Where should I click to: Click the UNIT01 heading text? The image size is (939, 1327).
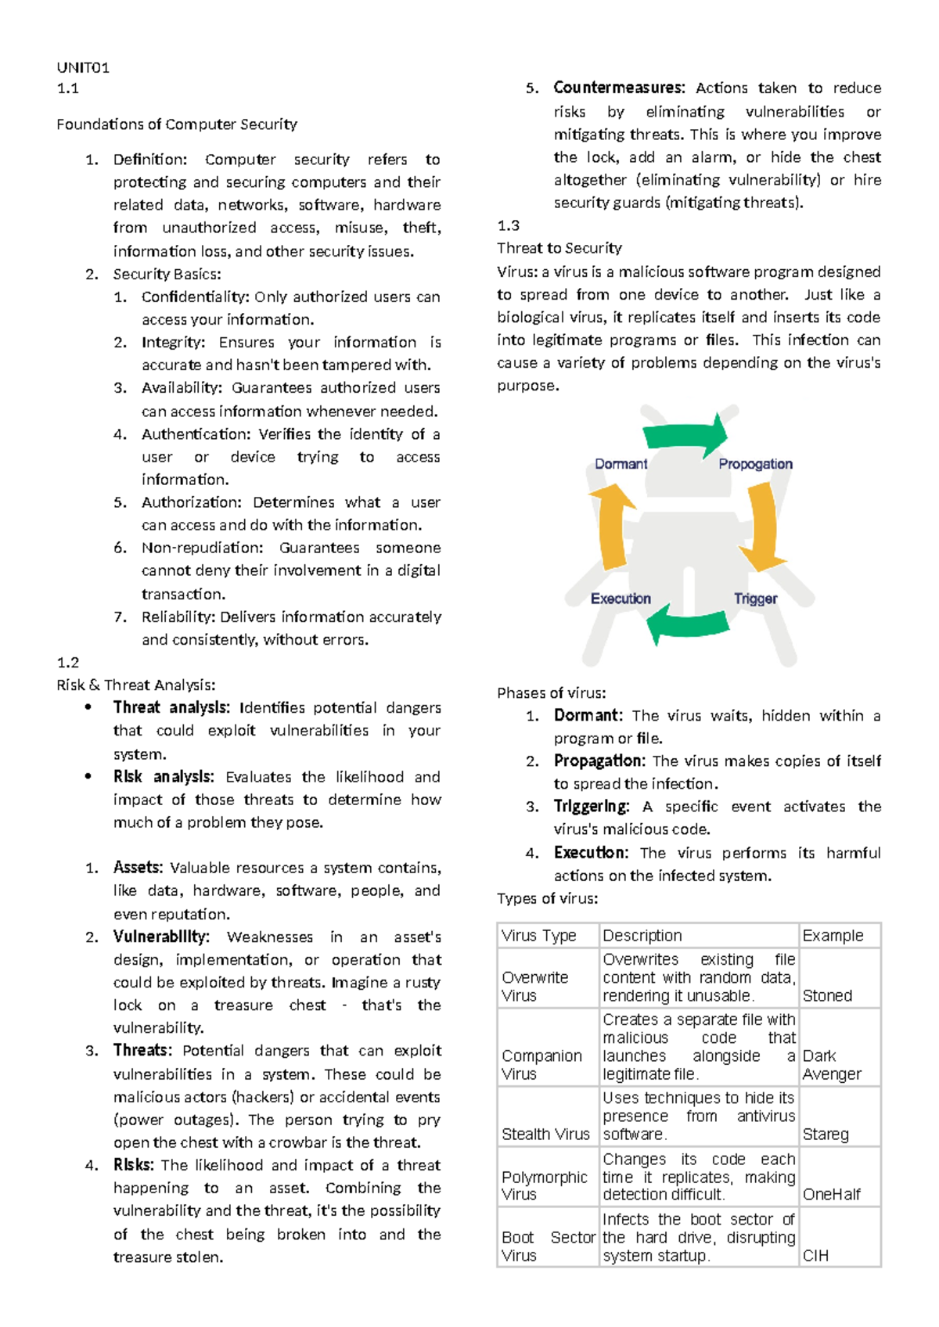83,67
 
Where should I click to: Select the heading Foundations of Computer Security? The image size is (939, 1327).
177,124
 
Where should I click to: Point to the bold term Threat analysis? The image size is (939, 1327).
171,707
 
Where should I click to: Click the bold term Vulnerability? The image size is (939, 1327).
161,937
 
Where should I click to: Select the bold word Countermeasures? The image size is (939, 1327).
619,88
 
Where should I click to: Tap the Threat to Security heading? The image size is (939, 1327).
559,248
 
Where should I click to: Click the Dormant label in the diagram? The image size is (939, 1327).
621,464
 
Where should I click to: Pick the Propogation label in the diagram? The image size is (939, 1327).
755,464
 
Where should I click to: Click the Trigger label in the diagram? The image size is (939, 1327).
755,599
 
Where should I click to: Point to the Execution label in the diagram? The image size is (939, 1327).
621,599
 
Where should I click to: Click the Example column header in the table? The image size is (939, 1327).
833,935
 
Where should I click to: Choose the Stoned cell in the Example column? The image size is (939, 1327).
827,995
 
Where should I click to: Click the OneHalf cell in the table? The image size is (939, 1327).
831,1194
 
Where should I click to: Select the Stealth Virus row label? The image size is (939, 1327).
545,1134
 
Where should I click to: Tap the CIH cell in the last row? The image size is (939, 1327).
815,1255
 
